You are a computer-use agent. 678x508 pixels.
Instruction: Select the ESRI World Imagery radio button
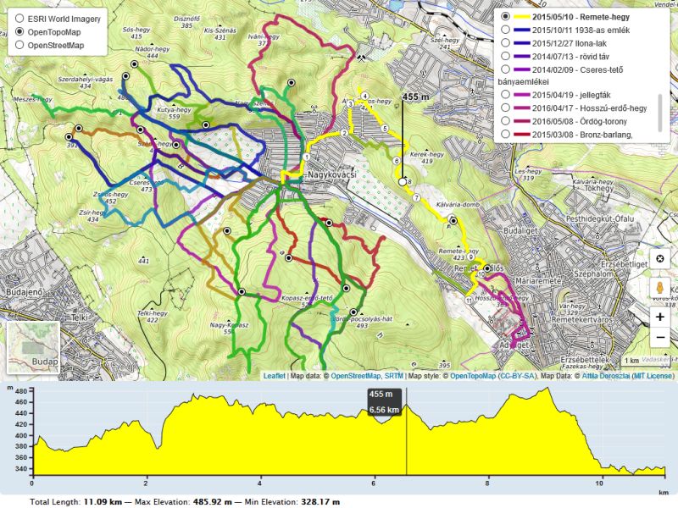point(19,18)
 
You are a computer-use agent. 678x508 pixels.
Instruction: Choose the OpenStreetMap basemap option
point(19,45)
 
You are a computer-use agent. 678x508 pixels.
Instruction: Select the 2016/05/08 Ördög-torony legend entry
point(506,121)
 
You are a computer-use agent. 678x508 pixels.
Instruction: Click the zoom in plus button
point(660,317)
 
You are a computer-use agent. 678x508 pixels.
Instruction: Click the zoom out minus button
point(660,337)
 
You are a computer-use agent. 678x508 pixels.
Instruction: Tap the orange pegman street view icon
point(660,288)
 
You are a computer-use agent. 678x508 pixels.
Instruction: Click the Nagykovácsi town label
point(331,174)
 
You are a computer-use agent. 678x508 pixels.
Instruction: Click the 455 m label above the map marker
point(415,97)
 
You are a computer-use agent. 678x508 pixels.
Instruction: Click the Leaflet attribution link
point(274,375)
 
